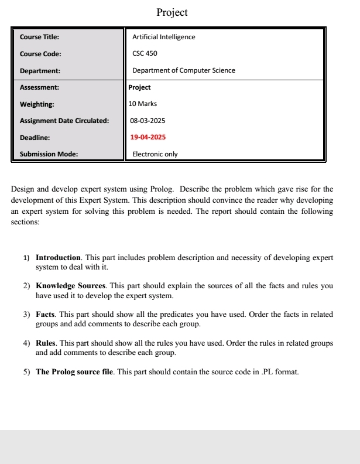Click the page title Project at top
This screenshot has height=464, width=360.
point(172,12)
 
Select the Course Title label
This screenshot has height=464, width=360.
point(39,37)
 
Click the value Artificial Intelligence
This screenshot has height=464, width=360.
point(164,37)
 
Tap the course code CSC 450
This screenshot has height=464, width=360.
point(145,54)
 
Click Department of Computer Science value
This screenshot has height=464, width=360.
point(184,70)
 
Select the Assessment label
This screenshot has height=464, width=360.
point(39,87)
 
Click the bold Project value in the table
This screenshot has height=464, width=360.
point(139,87)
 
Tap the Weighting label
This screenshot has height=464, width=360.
point(37,104)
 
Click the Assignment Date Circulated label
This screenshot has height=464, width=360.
point(64,121)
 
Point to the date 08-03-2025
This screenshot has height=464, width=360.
point(148,121)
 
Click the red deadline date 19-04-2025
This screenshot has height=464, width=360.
point(148,137)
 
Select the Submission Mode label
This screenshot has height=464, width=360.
point(49,154)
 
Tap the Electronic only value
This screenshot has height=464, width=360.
point(155,154)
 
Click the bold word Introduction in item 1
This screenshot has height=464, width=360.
point(58,258)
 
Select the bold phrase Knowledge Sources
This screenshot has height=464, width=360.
point(70,286)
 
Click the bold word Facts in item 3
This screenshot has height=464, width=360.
point(46,315)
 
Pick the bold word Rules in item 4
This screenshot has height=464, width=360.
point(46,343)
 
